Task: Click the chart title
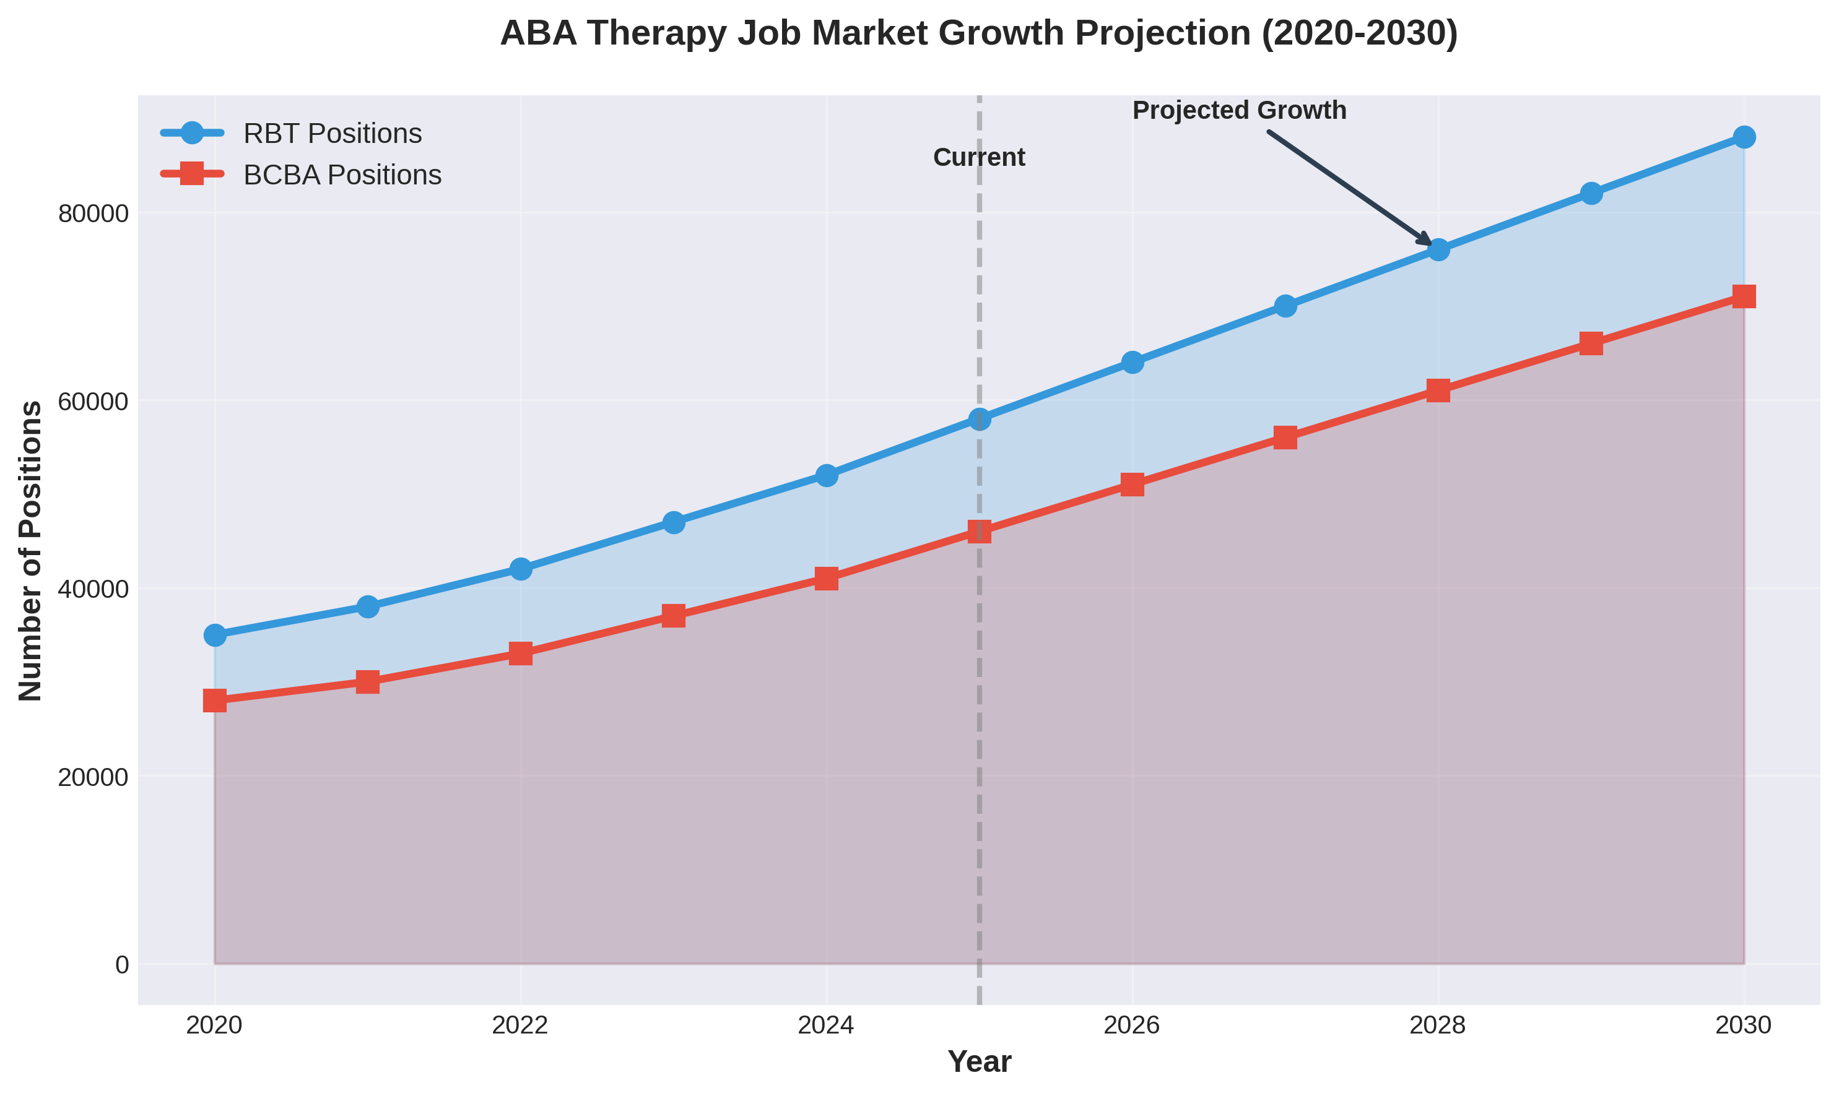(979, 34)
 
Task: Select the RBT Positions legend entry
(332, 134)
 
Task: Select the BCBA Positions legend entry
(341, 175)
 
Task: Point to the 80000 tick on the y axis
(93, 214)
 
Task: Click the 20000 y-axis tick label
(93, 777)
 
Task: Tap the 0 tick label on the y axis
(122, 965)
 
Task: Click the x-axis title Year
(979, 1062)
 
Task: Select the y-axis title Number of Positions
(31, 551)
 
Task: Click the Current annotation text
(979, 157)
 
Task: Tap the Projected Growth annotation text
(1239, 111)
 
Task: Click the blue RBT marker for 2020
(215, 635)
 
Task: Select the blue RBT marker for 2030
(1744, 137)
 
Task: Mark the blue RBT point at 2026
(1133, 363)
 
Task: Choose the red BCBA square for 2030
(1744, 297)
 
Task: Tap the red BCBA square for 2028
(1438, 391)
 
